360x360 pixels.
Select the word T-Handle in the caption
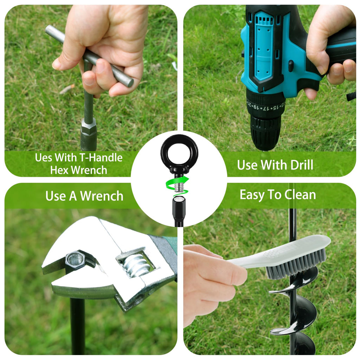click(101, 157)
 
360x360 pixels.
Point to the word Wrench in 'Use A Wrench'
click(102, 196)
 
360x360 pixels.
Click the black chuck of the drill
click(265, 132)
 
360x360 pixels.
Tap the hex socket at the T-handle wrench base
click(88, 134)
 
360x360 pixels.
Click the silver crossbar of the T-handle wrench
click(89, 56)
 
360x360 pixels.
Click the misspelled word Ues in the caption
click(44, 157)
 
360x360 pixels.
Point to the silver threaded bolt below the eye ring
click(179, 185)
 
